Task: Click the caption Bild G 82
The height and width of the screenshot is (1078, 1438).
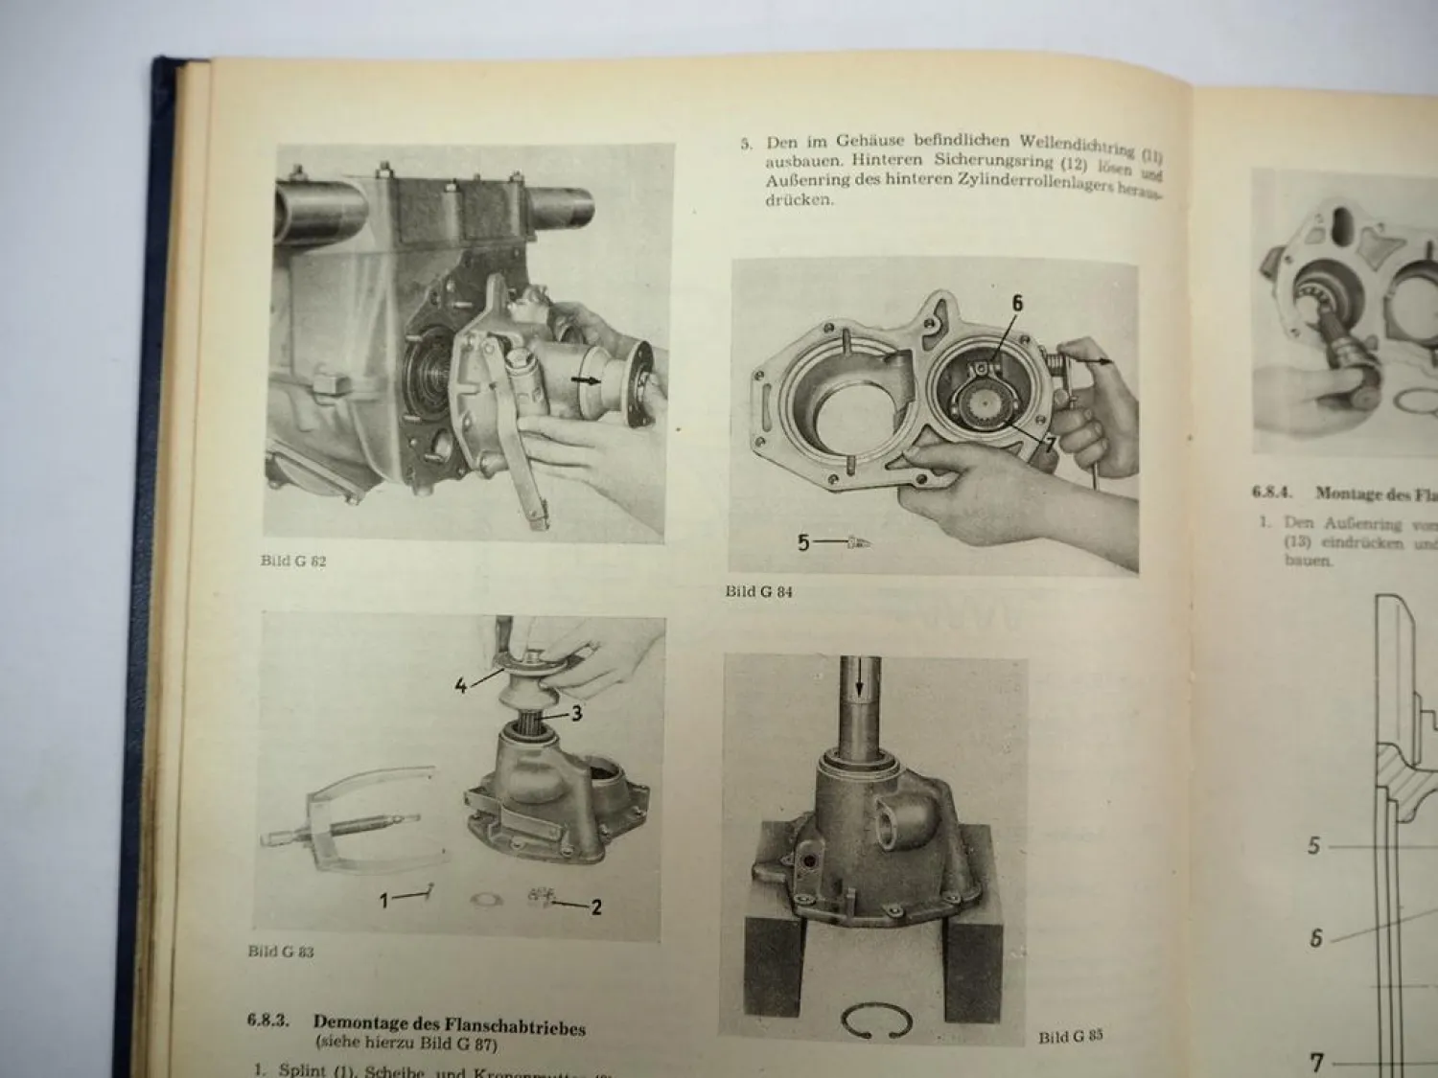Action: [292, 562]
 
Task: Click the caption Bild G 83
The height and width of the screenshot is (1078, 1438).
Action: [280, 952]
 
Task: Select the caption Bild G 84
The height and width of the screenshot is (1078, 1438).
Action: [758, 592]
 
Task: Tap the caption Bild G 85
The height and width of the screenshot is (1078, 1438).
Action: [1071, 1037]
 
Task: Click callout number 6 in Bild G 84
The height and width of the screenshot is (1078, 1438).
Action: [1017, 304]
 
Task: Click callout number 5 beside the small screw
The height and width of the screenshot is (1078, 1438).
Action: [803, 542]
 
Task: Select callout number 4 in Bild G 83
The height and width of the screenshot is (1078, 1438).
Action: [461, 686]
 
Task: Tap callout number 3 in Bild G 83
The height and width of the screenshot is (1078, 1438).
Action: [576, 713]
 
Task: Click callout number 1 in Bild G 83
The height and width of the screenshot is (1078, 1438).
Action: [383, 900]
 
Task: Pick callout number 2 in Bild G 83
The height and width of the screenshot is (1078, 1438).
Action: [595, 906]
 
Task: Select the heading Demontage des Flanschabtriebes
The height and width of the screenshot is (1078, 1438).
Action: [449, 1025]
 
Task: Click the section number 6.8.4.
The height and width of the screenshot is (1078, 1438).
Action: [1271, 493]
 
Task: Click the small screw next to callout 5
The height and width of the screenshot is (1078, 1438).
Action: [858, 542]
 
